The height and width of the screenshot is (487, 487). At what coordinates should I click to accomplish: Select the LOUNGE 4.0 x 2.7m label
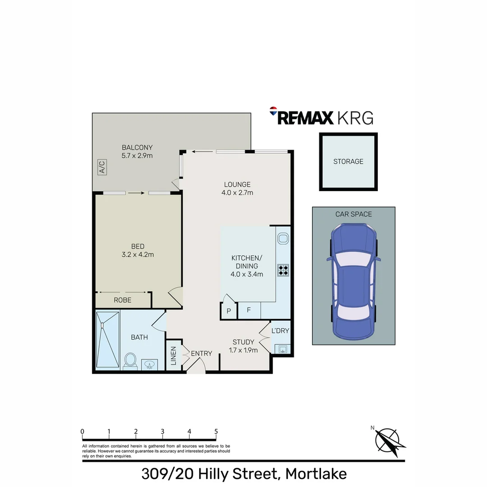237,188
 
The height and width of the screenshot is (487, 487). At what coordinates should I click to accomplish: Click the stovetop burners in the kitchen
283,270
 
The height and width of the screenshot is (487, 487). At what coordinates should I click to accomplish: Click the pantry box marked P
229,311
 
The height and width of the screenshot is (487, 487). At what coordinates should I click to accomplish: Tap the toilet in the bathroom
130,361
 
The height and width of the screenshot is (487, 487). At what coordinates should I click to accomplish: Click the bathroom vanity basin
149,364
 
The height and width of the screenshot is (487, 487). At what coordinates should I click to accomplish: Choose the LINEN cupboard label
174,355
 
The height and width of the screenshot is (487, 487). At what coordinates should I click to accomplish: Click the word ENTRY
201,354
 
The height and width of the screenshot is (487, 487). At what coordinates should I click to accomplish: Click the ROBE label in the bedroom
122,300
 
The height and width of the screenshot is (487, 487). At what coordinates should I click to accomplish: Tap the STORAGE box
348,161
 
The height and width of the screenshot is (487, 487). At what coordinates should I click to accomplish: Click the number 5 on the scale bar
216,432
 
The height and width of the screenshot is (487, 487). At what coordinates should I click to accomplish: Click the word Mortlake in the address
316,474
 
